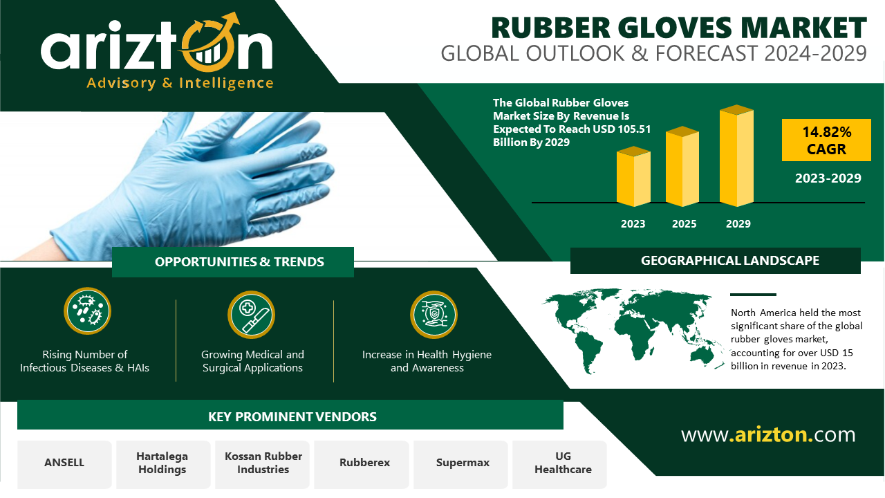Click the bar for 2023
[x=633, y=176]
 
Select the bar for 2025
[x=682, y=167]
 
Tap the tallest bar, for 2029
[x=736, y=156]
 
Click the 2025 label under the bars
[x=684, y=223]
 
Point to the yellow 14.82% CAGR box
[x=826, y=140]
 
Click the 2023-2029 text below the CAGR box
[x=828, y=178]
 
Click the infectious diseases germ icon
[x=87, y=311]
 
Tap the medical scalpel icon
[x=251, y=315]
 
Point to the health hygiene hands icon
[x=434, y=315]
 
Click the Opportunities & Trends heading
[x=239, y=261]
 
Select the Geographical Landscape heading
[x=729, y=261]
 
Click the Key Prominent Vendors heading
[x=292, y=416]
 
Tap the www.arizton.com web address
[x=768, y=435]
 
